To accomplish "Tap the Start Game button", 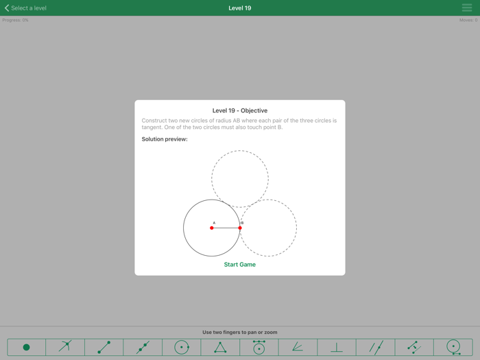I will click(239, 265).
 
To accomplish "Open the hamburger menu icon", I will click(467, 8).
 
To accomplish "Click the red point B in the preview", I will click(240, 228).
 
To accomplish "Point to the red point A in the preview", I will click(212, 228).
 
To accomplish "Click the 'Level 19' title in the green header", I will click(239, 8).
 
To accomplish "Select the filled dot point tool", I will click(26, 348).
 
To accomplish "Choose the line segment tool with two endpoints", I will click(104, 348).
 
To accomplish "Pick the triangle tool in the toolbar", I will click(220, 348).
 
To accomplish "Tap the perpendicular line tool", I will click(337, 348).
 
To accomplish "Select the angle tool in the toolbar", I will click(298, 348).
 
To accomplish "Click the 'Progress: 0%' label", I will click(15, 20).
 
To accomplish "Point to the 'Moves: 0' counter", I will click(468, 20).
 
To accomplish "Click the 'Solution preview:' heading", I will click(165, 139).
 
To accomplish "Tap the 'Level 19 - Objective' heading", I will click(239, 110).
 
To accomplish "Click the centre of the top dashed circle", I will click(240, 179).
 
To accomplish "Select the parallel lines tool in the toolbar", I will click(376, 348).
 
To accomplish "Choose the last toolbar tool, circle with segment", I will click(453, 348).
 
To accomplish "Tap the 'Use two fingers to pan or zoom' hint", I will click(239, 333).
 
